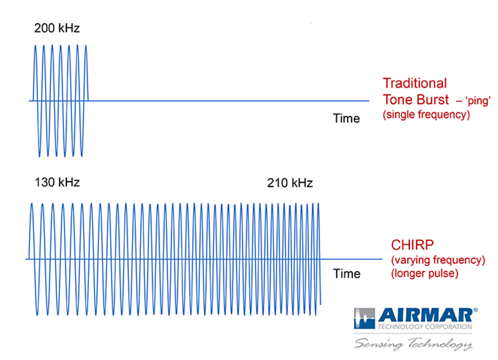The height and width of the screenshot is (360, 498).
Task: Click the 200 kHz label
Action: click(57, 28)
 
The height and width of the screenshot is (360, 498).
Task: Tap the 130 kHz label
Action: click(57, 183)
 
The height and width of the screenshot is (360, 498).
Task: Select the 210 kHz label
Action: click(290, 183)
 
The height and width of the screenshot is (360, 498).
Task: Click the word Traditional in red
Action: click(415, 83)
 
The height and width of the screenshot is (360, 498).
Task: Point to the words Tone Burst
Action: click(416, 100)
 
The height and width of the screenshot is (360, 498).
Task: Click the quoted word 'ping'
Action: click(478, 101)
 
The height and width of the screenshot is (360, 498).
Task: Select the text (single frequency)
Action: click(426, 115)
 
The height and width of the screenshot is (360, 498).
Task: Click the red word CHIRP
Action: click(412, 245)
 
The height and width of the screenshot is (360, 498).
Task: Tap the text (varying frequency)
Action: click(438, 260)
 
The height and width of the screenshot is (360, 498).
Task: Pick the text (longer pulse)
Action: click(424, 274)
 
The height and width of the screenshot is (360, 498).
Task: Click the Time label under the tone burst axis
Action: click(346, 119)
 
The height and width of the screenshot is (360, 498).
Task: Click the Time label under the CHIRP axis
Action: click(347, 274)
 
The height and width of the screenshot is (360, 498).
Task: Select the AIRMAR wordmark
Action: click(426, 316)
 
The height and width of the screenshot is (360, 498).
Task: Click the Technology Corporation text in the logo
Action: click(425, 327)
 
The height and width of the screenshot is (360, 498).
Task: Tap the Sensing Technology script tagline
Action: click(413, 344)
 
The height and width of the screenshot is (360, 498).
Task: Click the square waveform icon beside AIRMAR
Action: click(364, 318)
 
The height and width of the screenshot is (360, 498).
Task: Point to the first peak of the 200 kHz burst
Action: click(35, 46)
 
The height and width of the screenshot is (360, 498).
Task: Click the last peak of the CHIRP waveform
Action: click(318, 204)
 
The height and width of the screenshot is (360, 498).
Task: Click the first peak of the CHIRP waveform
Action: click(32, 204)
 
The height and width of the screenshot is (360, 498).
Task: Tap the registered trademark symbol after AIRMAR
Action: click(475, 310)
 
